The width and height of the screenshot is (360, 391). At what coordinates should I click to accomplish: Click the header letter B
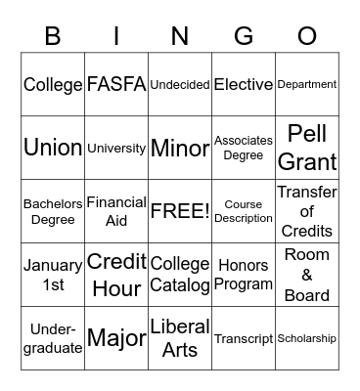pyautogui.click(x=53, y=37)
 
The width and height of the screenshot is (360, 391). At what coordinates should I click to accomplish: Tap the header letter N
pyautogui.click(x=180, y=37)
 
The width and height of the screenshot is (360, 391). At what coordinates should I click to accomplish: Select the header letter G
pyautogui.click(x=244, y=37)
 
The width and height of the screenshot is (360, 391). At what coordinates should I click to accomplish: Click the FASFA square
pyautogui.click(x=116, y=84)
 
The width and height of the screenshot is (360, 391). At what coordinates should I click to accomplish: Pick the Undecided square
pyautogui.click(x=180, y=85)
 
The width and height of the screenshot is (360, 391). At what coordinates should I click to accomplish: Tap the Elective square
pyautogui.click(x=244, y=85)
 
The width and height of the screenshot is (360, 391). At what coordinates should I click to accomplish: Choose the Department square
pyautogui.click(x=307, y=85)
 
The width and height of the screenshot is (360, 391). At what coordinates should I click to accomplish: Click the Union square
pyautogui.click(x=53, y=148)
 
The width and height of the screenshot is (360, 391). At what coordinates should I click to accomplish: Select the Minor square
pyautogui.click(x=180, y=148)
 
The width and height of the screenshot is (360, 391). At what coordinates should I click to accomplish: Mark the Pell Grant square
pyautogui.click(x=307, y=148)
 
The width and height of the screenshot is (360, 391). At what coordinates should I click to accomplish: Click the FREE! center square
pyautogui.click(x=180, y=211)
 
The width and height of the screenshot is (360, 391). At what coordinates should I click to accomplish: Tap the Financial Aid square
pyautogui.click(x=116, y=211)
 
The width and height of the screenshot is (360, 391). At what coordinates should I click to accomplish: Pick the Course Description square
pyautogui.click(x=244, y=211)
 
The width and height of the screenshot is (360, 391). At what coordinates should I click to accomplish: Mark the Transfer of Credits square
pyautogui.click(x=307, y=211)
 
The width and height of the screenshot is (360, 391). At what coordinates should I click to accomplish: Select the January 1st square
pyautogui.click(x=53, y=275)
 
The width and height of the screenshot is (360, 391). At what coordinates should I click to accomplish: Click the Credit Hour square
pyautogui.click(x=116, y=275)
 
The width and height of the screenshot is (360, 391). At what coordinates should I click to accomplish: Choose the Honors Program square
pyautogui.click(x=244, y=275)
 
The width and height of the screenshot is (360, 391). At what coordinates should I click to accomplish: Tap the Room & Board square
pyautogui.click(x=307, y=275)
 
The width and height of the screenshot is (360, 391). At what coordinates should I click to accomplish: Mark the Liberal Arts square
pyautogui.click(x=180, y=338)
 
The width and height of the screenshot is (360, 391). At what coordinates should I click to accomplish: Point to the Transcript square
pyautogui.click(x=244, y=338)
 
